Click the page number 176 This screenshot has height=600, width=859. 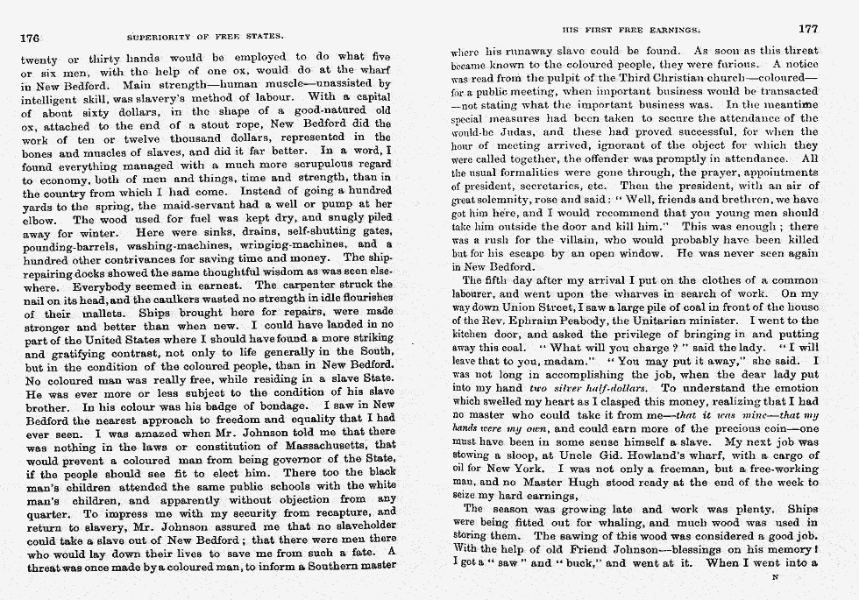point(31,38)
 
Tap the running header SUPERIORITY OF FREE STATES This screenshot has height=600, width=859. point(205,38)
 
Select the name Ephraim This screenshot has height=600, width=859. point(551,321)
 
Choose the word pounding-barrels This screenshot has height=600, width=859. point(62,244)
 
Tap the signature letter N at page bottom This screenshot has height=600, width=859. point(773,578)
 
